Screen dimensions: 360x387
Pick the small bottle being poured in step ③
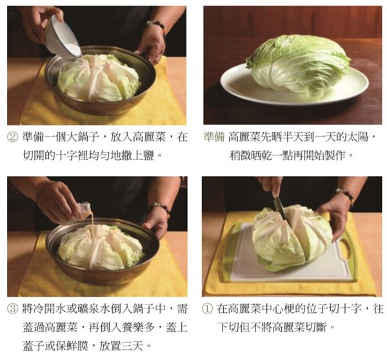click(83, 210)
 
